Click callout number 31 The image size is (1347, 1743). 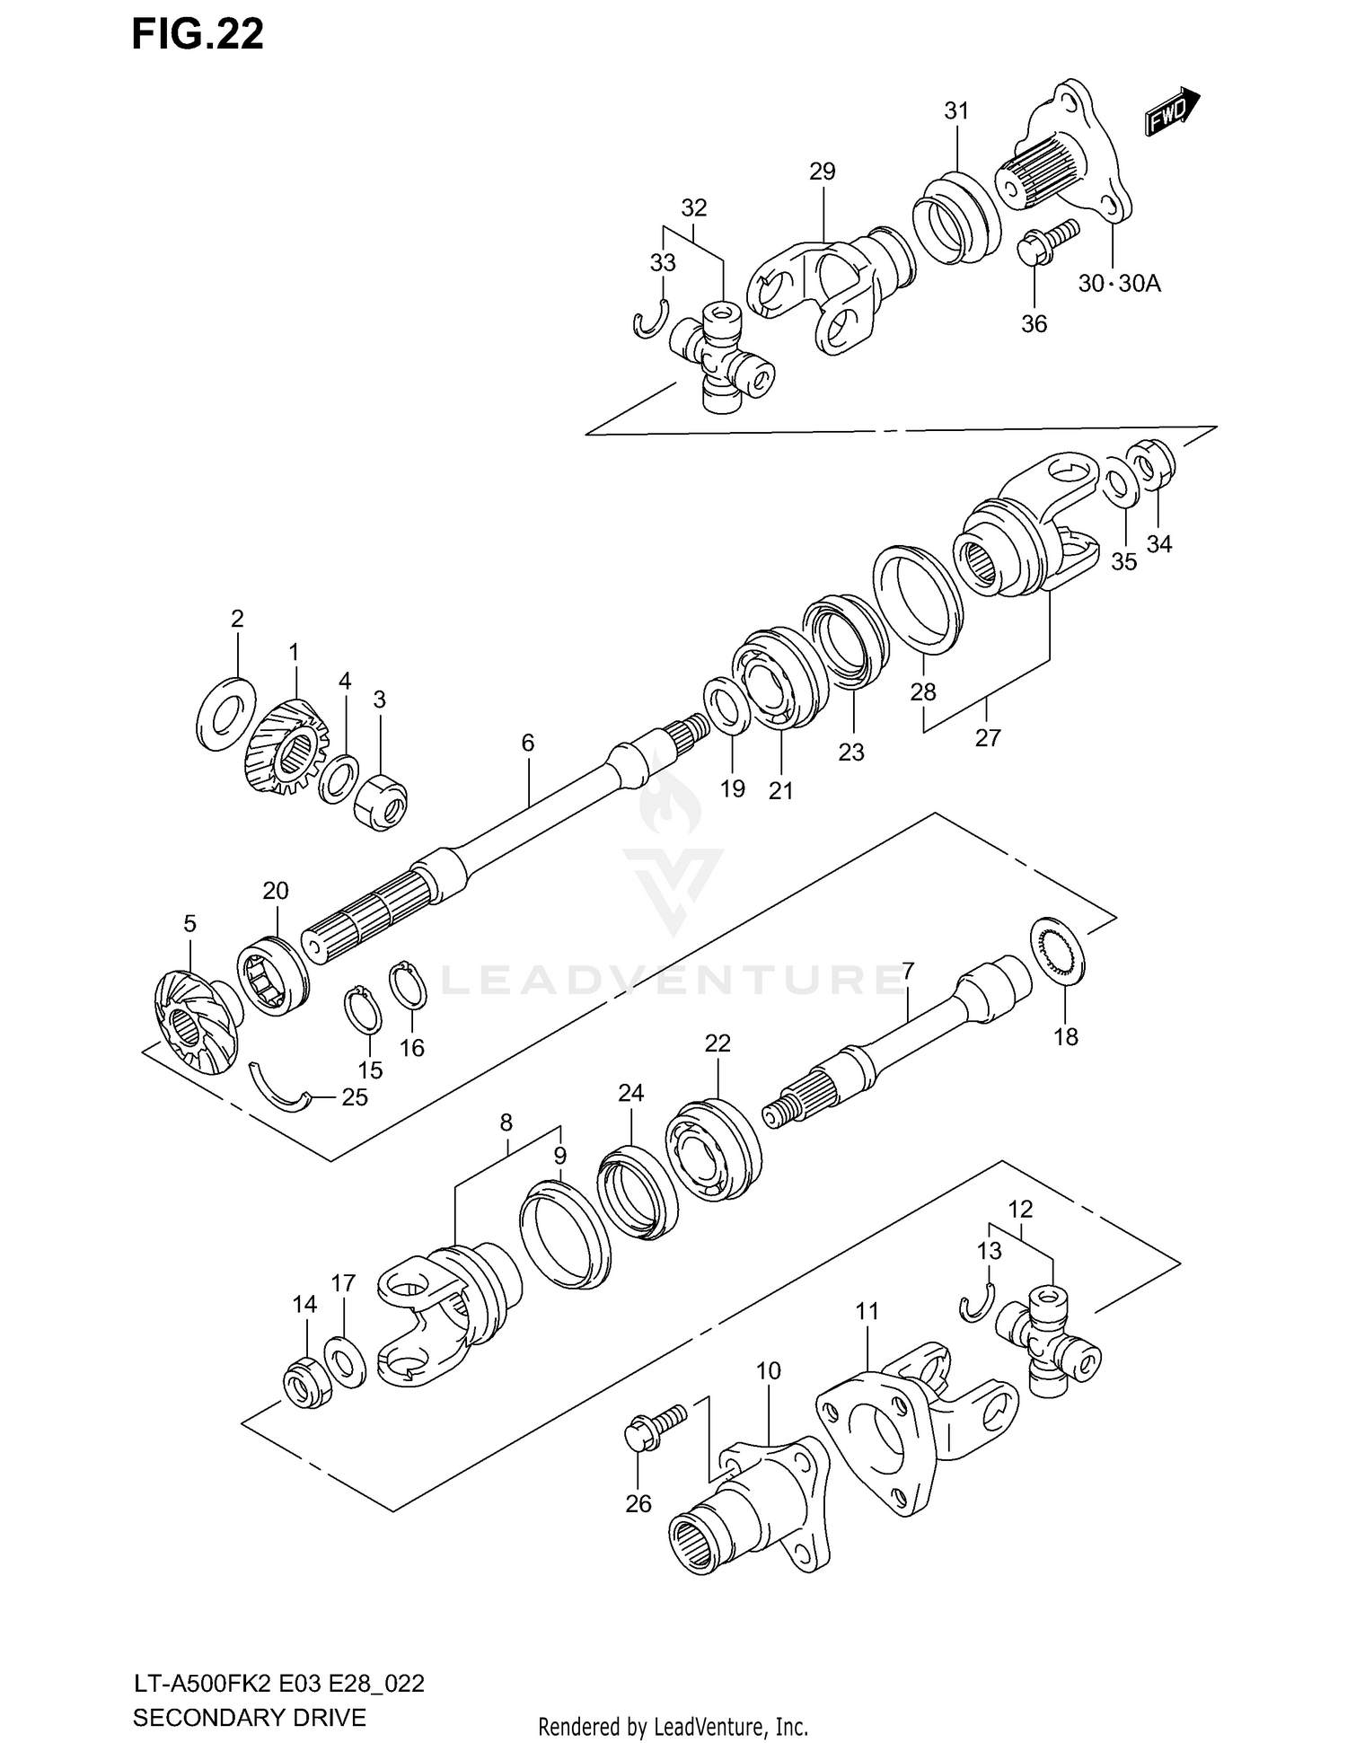click(x=956, y=110)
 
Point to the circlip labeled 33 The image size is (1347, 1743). click(x=649, y=321)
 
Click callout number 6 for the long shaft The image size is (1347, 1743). click(x=527, y=743)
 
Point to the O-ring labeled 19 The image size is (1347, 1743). click(x=728, y=706)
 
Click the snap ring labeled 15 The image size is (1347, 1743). click(x=365, y=1010)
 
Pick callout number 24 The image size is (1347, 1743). click(x=630, y=1093)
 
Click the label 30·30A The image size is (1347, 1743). click(x=1119, y=284)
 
